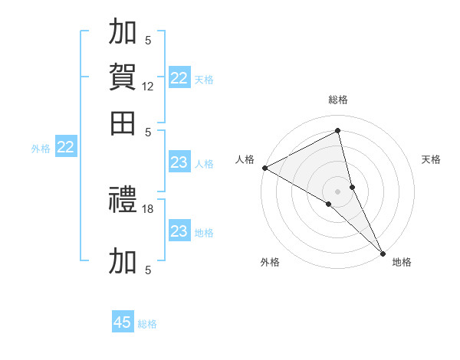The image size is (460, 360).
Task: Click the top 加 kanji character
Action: click(x=123, y=32)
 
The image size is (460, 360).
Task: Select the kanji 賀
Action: click(x=123, y=77)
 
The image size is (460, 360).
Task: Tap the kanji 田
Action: click(x=123, y=123)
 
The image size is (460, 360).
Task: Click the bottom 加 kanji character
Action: click(x=123, y=260)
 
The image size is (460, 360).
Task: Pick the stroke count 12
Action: click(x=148, y=87)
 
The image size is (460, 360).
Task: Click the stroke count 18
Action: click(x=148, y=208)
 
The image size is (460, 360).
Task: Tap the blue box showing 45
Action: click(x=123, y=322)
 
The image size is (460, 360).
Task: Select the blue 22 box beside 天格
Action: click(x=179, y=78)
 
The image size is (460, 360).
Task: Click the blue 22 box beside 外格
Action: click(x=65, y=147)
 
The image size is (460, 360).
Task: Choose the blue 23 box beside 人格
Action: click(x=179, y=162)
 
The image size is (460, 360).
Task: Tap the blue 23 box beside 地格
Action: click(x=179, y=231)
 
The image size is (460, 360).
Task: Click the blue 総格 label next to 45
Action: click(x=147, y=324)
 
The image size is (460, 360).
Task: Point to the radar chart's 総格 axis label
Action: click(x=338, y=100)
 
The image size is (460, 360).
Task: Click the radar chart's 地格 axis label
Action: click(x=402, y=262)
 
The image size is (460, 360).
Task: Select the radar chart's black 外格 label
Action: click(x=270, y=262)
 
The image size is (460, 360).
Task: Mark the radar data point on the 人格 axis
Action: click(x=264, y=168)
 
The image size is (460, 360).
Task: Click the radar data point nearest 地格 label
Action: click(x=383, y=253)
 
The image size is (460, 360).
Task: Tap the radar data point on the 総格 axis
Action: click(x=338, y=131)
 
